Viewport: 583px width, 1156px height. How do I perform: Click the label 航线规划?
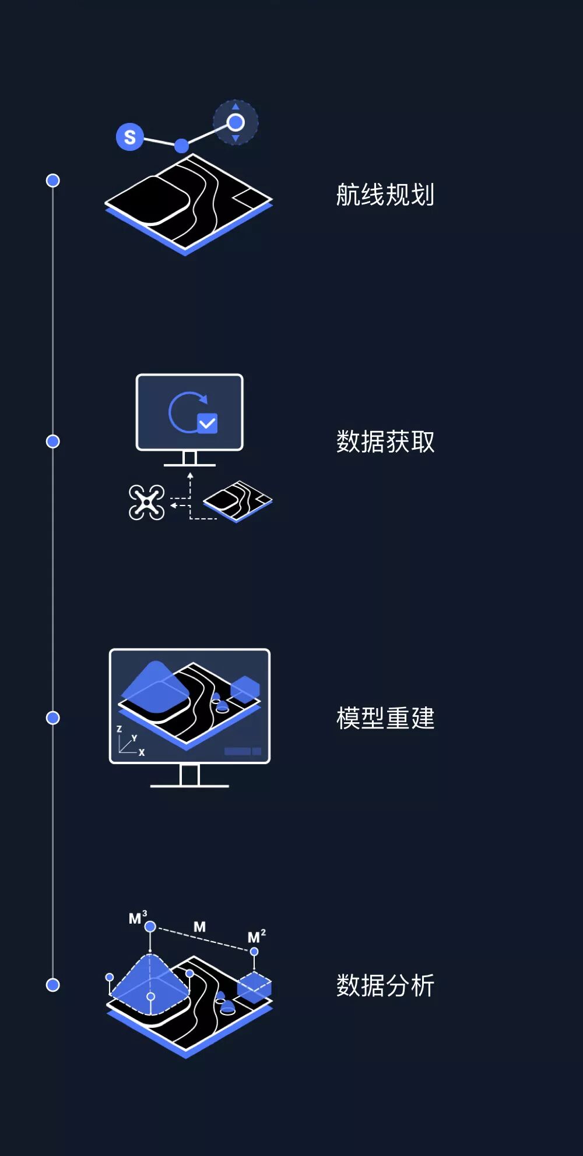(385, 195)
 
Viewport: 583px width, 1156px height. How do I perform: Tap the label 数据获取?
(385, 441)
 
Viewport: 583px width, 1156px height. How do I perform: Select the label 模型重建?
(385, 718)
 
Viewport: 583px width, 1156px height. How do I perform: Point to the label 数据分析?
(385, 985)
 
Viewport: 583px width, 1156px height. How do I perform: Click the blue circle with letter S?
(129, 137)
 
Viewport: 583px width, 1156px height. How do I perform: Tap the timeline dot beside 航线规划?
(53, 181)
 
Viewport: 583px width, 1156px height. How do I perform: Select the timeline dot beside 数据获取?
(53, 441)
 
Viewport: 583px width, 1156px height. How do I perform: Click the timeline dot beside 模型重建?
(53, 718)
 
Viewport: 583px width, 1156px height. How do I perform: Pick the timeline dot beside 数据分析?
(53, 985)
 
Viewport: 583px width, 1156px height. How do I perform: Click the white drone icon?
(146, 502)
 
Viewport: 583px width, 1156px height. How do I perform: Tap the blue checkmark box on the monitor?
(208, 423)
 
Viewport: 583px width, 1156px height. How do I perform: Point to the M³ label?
(138, 918)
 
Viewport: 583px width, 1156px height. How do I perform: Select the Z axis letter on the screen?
(120, 729)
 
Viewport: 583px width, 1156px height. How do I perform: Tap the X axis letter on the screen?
(142, 752)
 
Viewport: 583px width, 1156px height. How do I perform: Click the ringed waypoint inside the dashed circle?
(236, 122)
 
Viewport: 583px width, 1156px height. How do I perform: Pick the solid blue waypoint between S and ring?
(181, 146)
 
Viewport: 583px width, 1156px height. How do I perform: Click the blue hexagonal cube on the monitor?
(245, 689)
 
